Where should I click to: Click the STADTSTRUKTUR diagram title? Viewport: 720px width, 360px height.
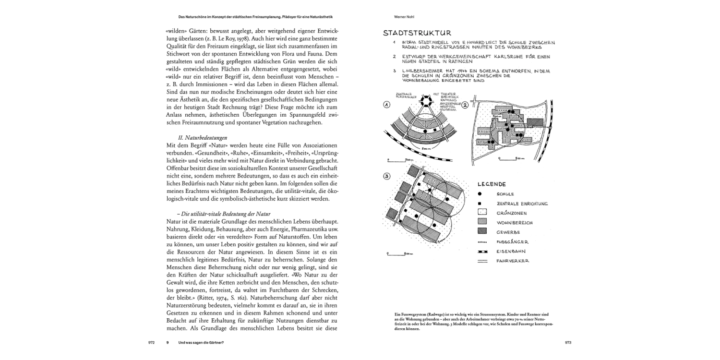417,33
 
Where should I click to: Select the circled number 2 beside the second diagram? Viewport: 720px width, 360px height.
464,105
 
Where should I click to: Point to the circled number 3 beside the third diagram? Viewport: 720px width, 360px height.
386,176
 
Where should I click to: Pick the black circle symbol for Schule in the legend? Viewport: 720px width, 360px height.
480,194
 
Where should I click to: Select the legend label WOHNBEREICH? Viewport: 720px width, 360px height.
515,223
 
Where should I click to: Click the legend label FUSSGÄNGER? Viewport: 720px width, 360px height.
513,242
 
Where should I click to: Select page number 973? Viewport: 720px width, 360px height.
568,343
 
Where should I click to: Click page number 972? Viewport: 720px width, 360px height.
151,343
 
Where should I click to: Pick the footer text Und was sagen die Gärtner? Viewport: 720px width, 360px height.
201,343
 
